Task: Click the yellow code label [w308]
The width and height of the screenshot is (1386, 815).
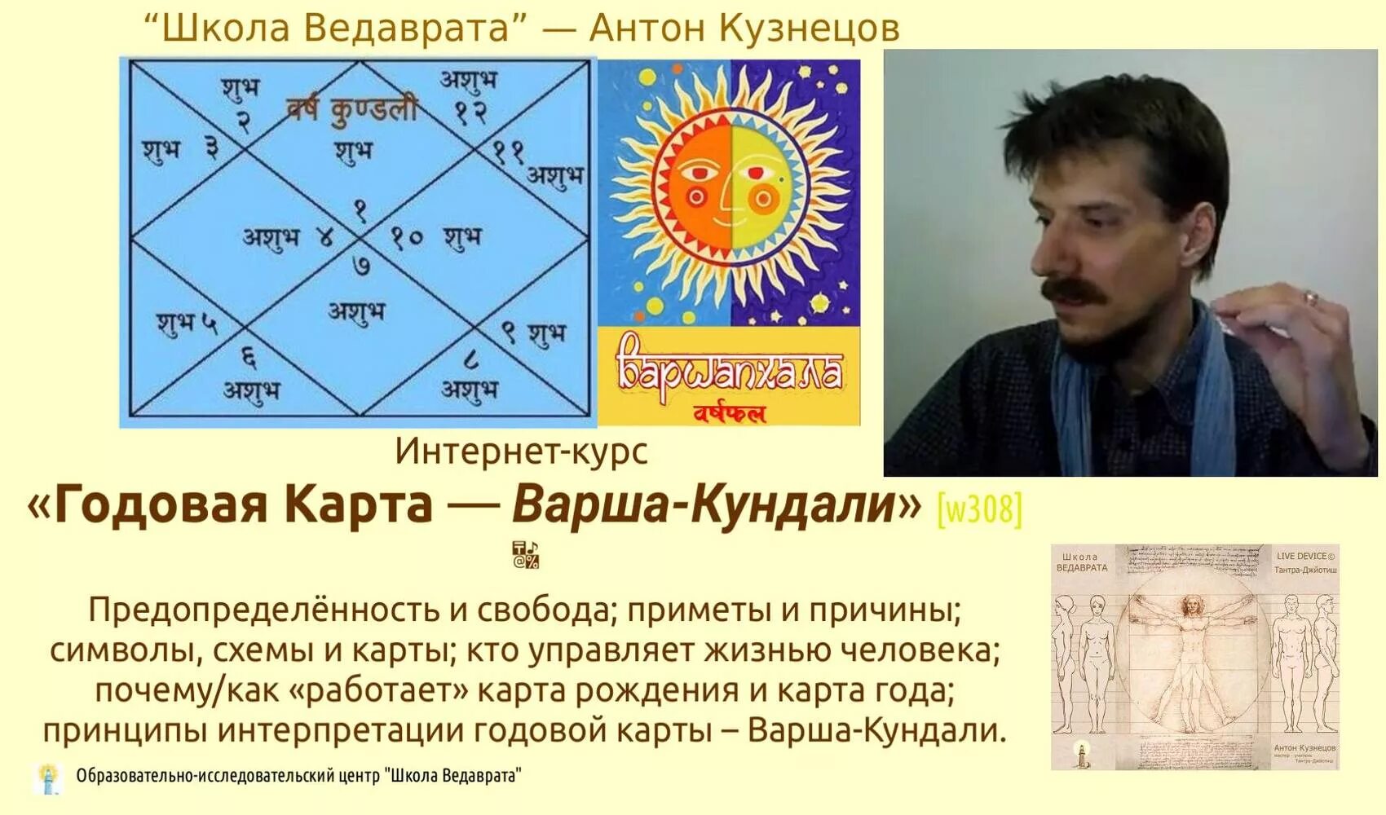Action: click(x=979, y=509)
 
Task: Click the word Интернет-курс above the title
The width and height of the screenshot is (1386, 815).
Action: click(x=521, y=451)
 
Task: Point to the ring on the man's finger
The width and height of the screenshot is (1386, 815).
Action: click(x=1311, y=298)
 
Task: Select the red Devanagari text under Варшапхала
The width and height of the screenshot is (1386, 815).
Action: click(x=729, y=414)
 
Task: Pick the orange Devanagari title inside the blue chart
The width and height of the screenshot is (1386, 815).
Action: click(x=351, y=109)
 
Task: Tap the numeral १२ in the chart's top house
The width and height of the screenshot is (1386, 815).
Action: click(x=471, y=112)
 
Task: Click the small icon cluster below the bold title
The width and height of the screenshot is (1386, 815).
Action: click(x=525, y=555)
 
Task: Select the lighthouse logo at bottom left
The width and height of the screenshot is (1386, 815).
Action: click(x=49, y=778)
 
